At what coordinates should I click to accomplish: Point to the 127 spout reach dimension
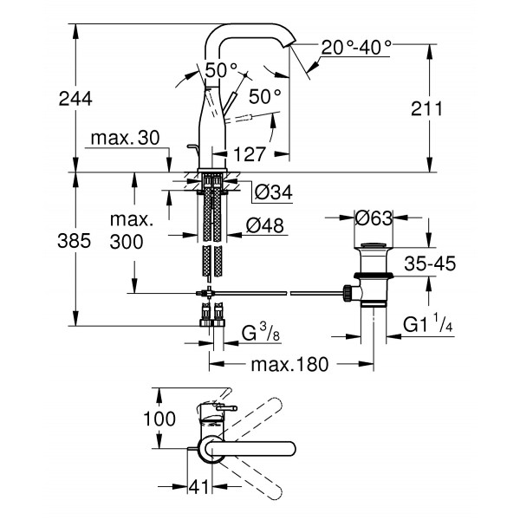250,154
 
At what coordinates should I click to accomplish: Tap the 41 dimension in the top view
198,488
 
